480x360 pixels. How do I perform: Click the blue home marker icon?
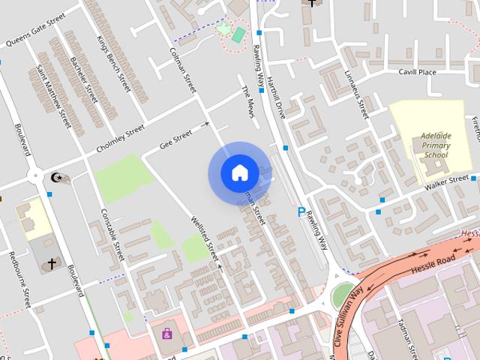point(239,173)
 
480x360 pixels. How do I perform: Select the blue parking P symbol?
point(302,212)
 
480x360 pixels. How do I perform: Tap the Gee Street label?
point(177,139)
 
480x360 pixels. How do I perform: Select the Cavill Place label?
point(418,72)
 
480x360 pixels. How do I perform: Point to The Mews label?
point(249,100)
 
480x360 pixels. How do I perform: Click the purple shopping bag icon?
point(166,332)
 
